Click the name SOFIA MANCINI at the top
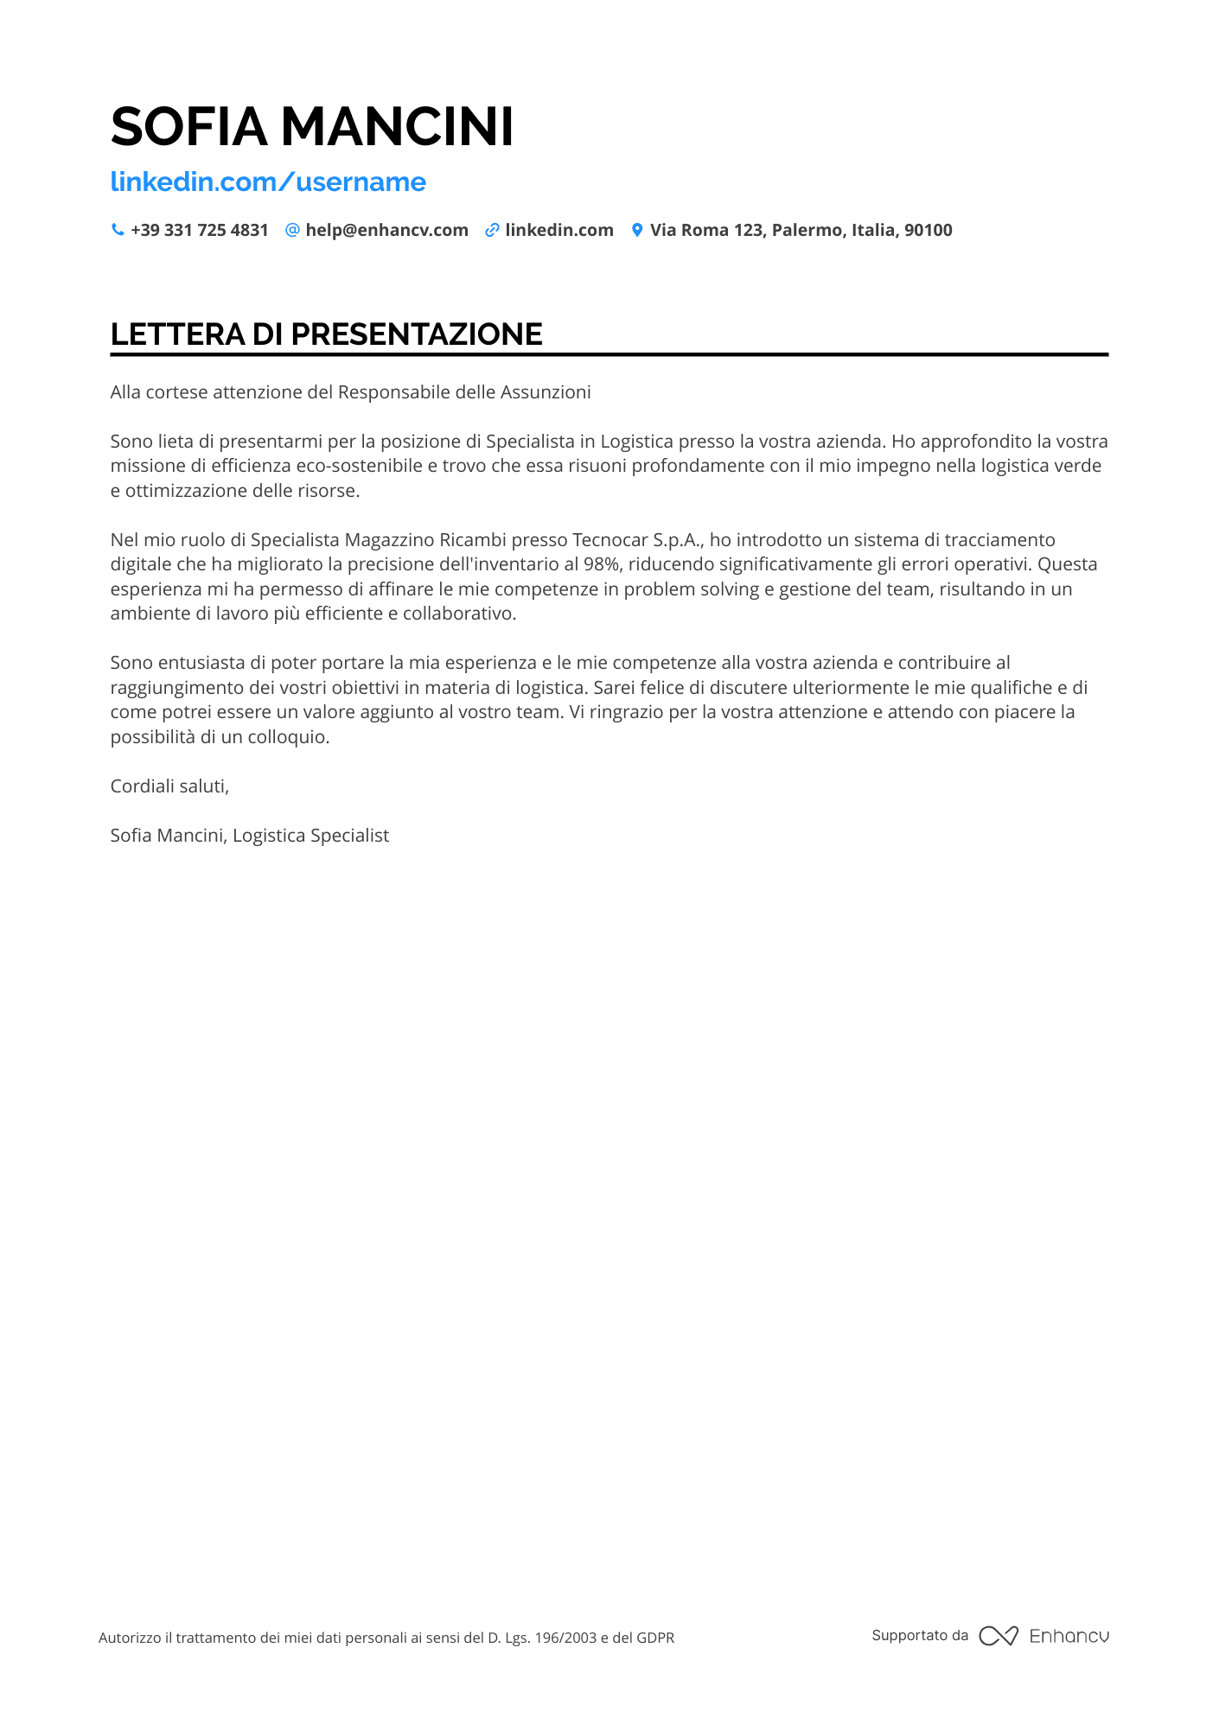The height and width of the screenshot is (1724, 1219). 312,126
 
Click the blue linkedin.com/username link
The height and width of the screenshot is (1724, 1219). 268,181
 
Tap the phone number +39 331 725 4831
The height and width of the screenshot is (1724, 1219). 200,230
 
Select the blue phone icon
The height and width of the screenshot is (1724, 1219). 118,230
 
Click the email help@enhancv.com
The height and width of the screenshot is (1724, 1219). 386,230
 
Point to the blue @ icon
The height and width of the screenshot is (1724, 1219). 292,230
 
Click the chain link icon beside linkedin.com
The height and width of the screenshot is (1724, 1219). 492,230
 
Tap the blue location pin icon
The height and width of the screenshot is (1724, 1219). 637,230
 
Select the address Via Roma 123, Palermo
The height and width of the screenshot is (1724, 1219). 801,230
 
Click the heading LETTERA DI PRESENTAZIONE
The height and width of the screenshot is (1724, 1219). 326,334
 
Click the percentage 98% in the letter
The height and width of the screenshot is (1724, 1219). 603,564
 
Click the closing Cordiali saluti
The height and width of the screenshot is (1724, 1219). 169,786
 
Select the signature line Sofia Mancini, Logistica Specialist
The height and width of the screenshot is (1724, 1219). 250,836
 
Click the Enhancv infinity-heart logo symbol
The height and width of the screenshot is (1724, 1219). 999,1636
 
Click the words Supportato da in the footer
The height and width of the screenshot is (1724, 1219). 920,1635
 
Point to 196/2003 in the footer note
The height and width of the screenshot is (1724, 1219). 565,1638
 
